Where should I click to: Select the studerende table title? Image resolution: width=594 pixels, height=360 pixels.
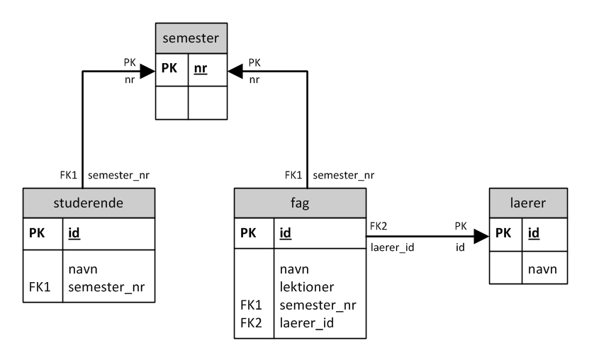coord(89,202)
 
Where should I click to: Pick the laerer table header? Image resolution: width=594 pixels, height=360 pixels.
coord(528,202)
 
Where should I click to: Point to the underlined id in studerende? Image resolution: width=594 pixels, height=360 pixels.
coord(74,232)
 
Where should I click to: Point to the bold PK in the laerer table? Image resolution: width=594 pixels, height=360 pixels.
coord(503,232)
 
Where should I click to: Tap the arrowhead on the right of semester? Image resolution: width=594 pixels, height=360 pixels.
coord(235,70)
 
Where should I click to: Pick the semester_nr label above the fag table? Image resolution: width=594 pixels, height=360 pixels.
coord(343,174)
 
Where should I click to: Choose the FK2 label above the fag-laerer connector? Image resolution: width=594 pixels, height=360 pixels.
coord(378,226)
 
